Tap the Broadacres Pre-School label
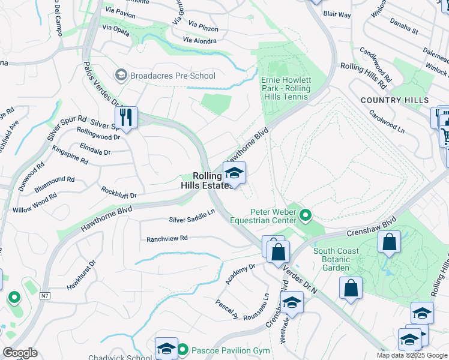(164, 76)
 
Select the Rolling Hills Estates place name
(206, 181)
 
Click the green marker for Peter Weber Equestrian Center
(306, 214)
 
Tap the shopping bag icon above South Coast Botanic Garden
(389, 242)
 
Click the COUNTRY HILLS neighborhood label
(394, 100)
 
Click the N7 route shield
(46, 295)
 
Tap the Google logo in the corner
(20, 353)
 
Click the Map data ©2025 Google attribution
(412, 355)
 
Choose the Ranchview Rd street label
(167, 238)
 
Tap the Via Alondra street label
(200, 41)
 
